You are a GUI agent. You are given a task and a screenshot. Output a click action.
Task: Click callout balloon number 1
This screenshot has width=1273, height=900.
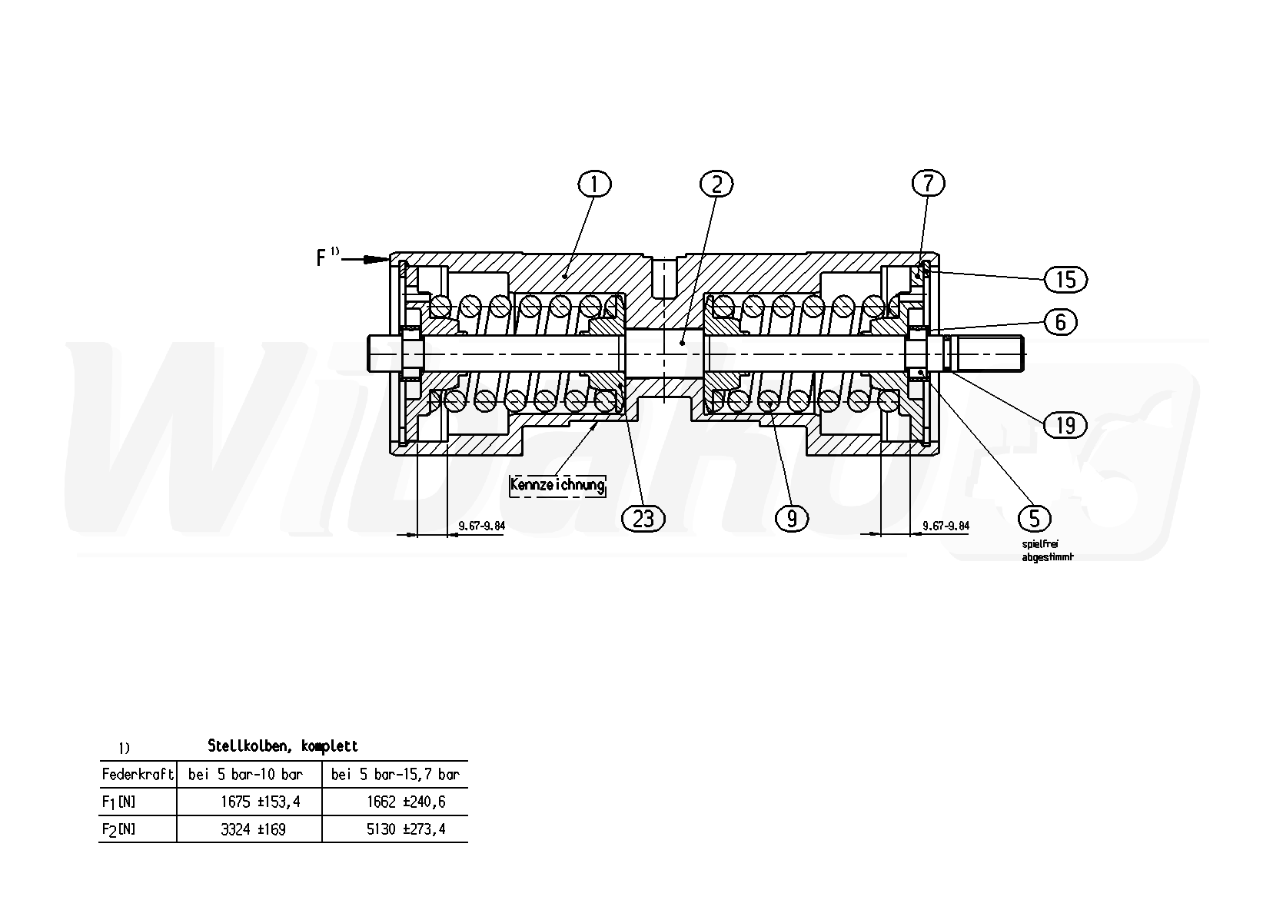[594, 184]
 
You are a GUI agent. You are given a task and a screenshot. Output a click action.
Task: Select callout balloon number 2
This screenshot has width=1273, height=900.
[716, 184]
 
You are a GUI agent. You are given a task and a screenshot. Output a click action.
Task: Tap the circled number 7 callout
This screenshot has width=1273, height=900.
[928, 184]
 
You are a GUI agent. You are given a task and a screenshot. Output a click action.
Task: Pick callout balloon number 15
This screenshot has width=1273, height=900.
[1065, 280]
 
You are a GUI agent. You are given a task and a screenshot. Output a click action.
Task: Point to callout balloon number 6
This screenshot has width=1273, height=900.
[1061, 323]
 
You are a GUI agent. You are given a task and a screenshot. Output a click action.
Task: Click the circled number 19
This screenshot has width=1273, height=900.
[1065, 425]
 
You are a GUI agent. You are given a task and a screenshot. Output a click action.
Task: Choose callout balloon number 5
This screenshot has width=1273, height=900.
[1035, 518]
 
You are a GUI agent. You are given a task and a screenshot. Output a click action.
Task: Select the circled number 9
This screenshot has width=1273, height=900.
[792, 518]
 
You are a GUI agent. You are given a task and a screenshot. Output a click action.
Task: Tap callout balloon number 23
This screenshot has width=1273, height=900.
[643, 518]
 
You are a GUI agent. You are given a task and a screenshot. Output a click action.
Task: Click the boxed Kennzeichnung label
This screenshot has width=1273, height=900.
[557, 486]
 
